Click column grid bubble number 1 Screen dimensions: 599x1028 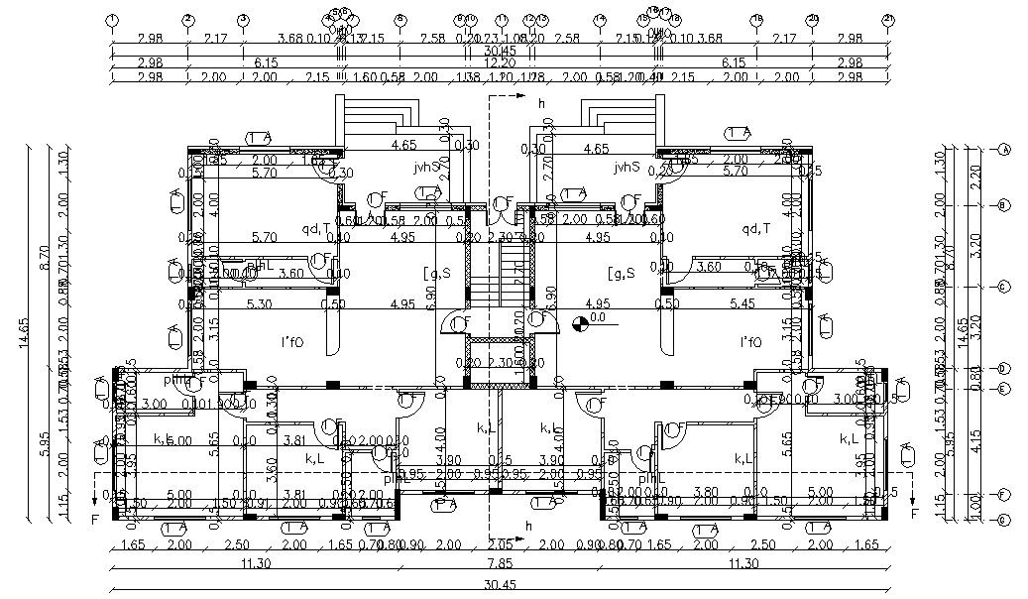112,19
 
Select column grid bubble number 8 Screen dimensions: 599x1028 400,19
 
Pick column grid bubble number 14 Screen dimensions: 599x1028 599,19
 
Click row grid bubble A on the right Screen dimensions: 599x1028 1004,150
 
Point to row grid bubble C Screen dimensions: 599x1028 1004,288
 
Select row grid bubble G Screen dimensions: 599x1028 1004,520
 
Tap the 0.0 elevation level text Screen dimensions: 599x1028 598,319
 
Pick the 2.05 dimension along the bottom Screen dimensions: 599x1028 501,545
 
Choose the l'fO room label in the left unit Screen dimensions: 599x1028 292,342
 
